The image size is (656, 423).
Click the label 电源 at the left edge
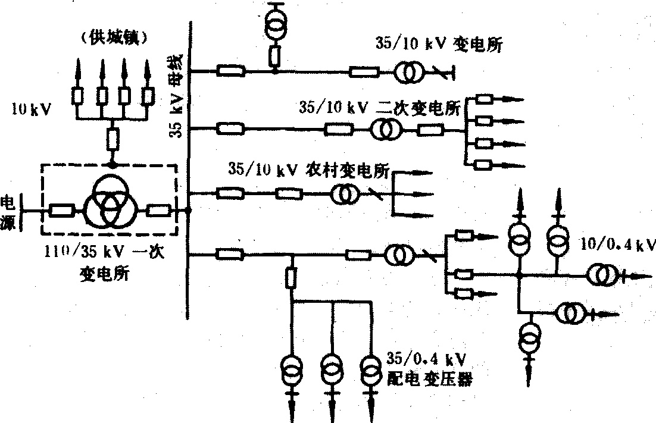coord(9,211)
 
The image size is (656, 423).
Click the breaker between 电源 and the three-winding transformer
coord(61,210)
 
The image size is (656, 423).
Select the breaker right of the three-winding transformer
coord(159,210)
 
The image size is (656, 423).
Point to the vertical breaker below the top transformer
coord(275,57)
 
